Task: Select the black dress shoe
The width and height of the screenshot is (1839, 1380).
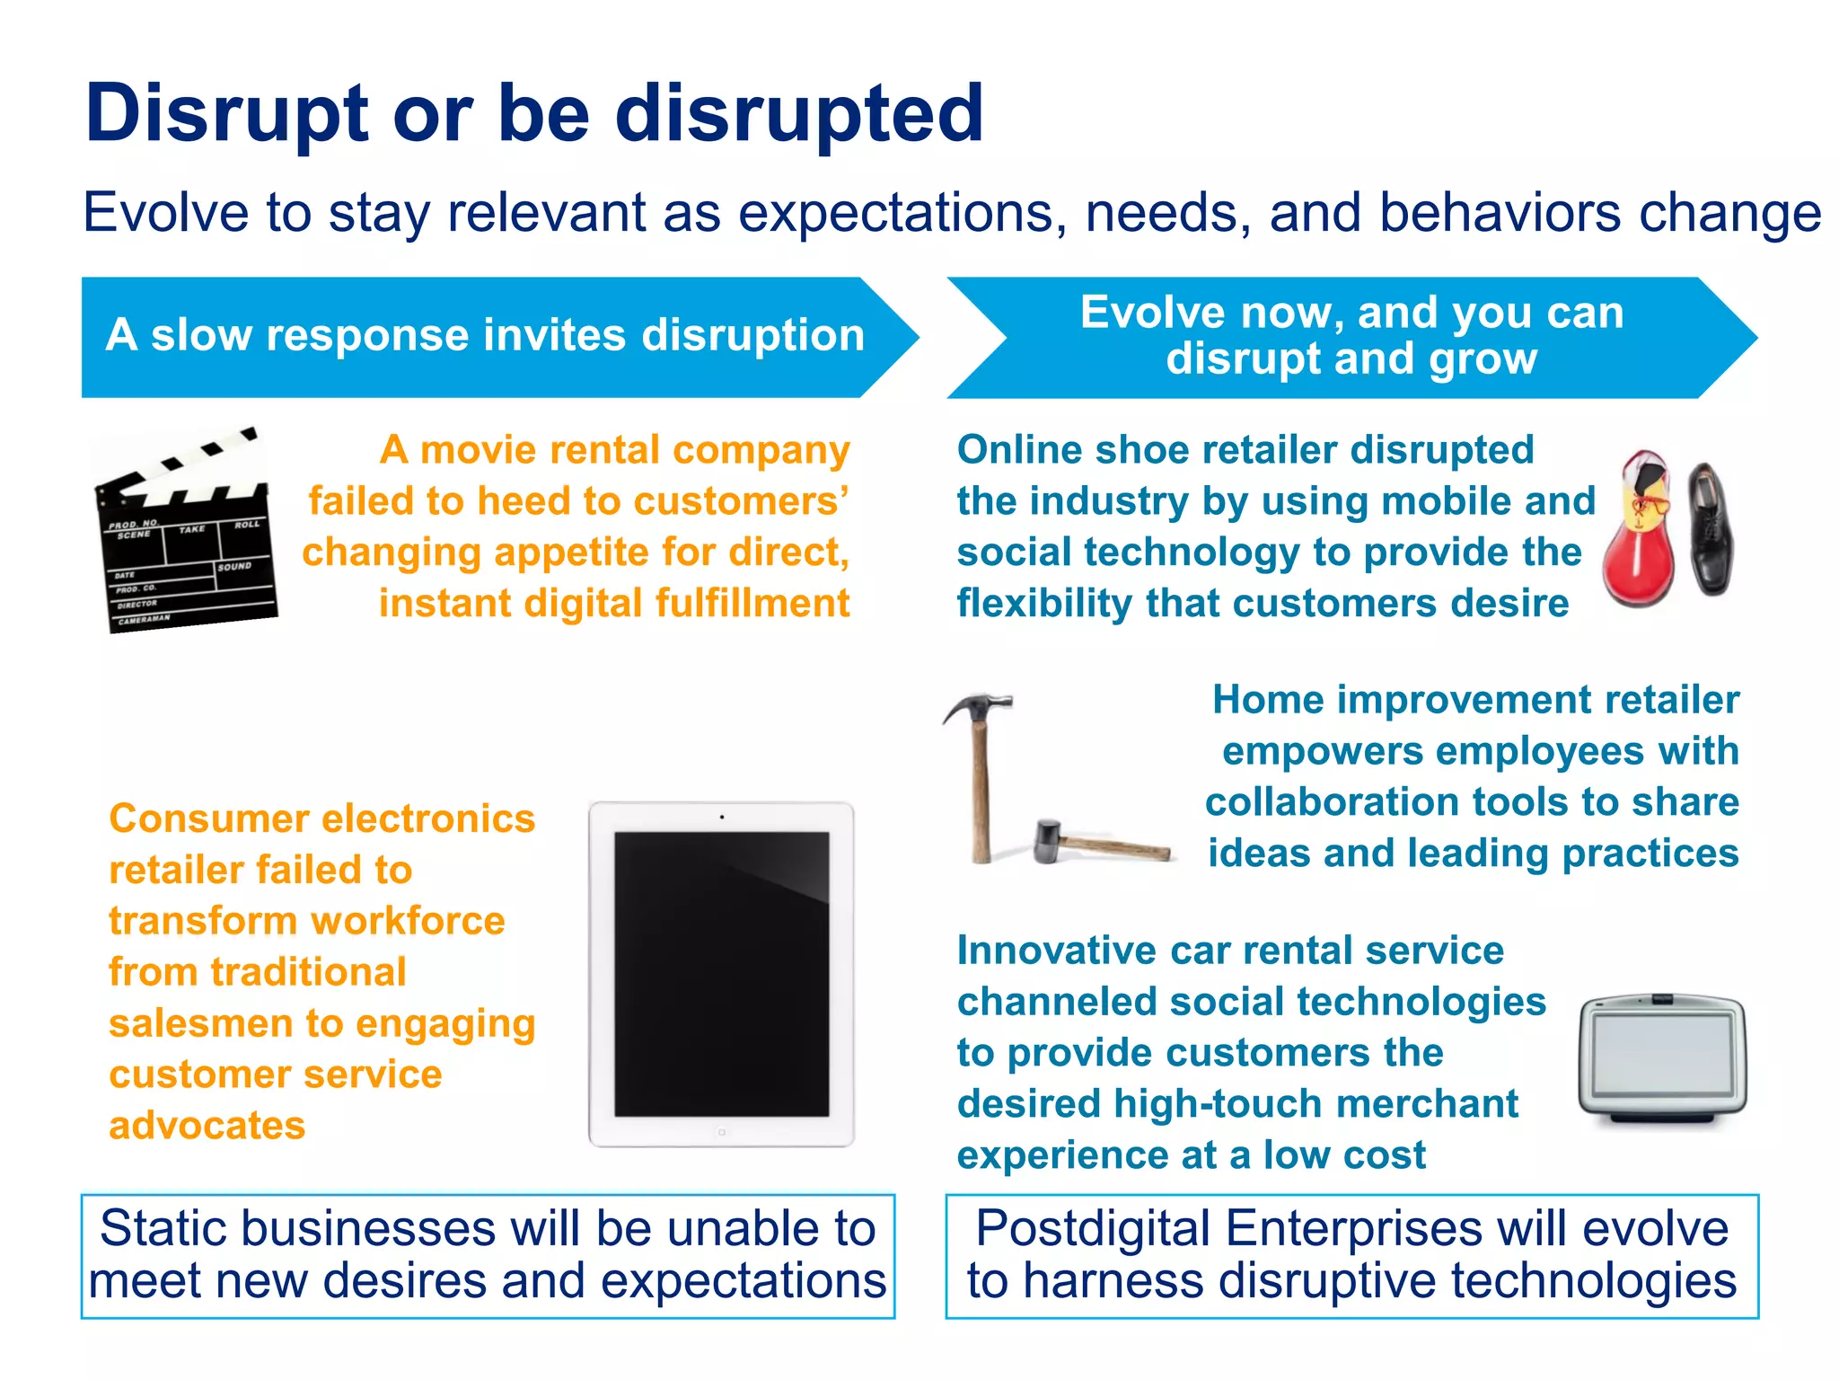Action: (x=1710, y=530)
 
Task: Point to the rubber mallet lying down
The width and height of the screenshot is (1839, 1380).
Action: (x=1100, y=842)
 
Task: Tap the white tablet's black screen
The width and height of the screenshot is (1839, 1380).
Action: (x=721, y=975)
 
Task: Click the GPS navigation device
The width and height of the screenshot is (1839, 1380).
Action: (x=1662, y=1058)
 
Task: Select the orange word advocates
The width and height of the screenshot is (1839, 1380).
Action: (x=207, y=1126)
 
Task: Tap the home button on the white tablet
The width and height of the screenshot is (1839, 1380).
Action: (x=721, y=1133)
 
